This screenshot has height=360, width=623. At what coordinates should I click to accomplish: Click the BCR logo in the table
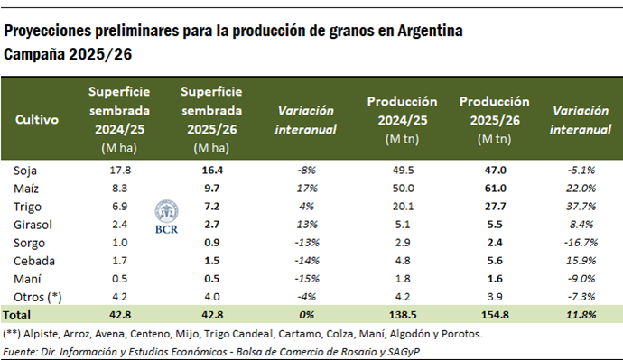tap(165, 214)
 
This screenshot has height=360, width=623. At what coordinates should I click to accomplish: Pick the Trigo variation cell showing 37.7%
tap(581, 207)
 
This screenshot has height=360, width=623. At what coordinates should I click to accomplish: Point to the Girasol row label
tap(32, 225)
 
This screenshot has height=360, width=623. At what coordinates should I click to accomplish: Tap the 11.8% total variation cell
tap(581, 315)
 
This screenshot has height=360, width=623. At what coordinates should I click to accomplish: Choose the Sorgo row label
tap(29, 243)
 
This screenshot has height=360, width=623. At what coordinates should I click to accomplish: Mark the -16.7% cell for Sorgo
tap(580, 243)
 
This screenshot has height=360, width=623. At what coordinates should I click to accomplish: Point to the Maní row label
tap(27, 279)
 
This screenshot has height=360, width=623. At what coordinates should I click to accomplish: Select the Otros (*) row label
tap(34, 297)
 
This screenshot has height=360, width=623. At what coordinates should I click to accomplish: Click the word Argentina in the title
tap(429, 31)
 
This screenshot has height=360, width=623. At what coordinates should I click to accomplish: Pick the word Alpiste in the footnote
tap(42, 334)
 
